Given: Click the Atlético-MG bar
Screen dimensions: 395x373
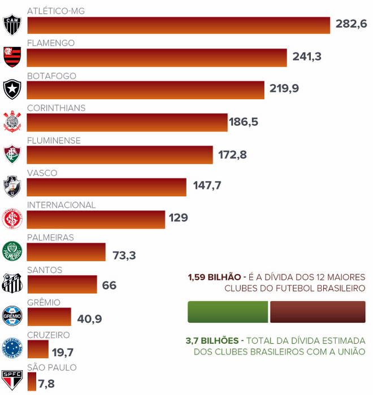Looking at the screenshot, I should pos(178,25).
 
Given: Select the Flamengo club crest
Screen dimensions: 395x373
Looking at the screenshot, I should pos(12,56).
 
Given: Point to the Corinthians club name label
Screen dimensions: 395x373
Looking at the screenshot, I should pos(56,108).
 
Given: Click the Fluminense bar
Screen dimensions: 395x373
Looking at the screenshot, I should pos(120,155).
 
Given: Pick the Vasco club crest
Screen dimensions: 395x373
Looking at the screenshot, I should pos(12,186).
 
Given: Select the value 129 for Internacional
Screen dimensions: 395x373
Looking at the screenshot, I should pos(178,217).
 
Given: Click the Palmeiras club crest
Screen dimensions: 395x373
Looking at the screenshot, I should pos(12,251).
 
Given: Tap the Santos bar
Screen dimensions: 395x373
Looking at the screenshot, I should pos(62,284).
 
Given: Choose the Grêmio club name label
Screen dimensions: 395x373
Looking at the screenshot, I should pos(44,303).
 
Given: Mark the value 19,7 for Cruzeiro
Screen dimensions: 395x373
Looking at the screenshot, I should pos(63,353).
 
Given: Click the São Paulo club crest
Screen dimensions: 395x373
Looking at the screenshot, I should pos(12,380).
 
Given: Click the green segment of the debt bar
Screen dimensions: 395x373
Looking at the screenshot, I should pos(228,312).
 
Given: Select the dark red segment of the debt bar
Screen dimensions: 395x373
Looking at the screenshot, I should pos(318,312).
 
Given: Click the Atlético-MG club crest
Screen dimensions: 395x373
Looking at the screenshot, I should pos(12,24).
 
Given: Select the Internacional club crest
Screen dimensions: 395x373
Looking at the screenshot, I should pos(12,218).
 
